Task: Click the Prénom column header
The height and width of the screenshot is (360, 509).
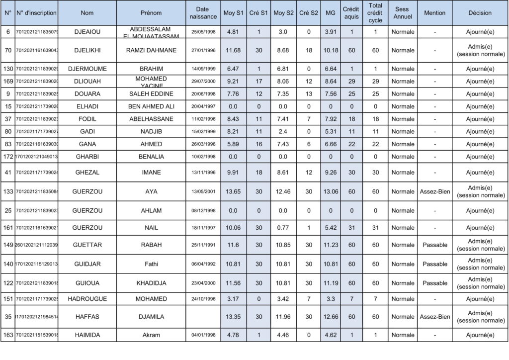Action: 151,13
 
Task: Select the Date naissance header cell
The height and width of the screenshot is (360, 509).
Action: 203,13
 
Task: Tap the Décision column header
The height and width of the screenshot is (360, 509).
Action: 480,13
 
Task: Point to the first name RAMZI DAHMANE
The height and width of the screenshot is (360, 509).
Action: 151,50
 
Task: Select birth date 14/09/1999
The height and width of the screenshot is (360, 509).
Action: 203,69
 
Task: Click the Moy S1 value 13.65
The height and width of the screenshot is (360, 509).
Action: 233,191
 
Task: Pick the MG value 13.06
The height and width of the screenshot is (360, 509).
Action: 330,191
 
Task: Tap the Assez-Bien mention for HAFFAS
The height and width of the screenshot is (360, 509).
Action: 434,317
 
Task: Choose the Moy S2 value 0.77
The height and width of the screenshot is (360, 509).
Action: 282,228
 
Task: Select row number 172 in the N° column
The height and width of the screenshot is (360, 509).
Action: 8,157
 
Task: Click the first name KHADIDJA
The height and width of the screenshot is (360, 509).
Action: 151,283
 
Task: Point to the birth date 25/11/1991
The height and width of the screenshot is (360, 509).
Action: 203,245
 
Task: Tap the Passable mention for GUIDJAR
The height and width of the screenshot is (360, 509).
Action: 434,264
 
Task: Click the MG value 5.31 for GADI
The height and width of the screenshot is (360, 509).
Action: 330,132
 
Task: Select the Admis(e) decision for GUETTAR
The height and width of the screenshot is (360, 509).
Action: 480,245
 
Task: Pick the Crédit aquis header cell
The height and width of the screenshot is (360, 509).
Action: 351,13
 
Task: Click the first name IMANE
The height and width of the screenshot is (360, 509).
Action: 151,173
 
